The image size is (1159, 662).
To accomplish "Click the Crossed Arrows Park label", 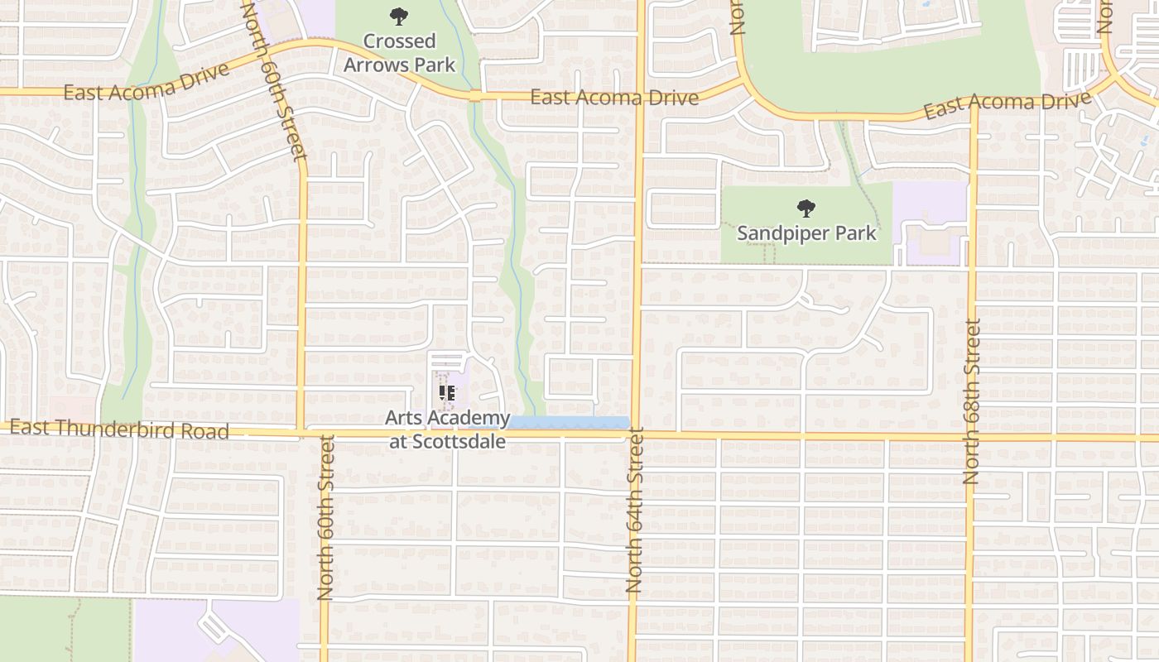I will pyautogui.click(x=400, y=52).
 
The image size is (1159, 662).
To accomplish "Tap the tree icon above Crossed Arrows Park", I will pyautogui.click(x=399, y=16).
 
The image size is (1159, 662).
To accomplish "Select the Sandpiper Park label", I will pyautogui.click(x=806, y=233).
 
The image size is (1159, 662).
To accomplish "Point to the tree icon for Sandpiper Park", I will pyautogui.click(x=806, y=208).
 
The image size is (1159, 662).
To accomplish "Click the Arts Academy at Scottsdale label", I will pyautogui.click(x=448, y=429).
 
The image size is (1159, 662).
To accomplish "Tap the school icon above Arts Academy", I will pyautogui.click(x=448, y=392).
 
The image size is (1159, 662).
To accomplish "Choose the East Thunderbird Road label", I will pyautogui.click(x=119, y=429).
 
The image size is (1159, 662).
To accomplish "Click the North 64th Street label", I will pyautogui.click(x=635, y=509).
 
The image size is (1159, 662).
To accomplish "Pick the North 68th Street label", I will pyautogui.click(x=972, y=401).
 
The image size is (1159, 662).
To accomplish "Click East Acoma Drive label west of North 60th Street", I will pyautogui.click(x=146, y=82).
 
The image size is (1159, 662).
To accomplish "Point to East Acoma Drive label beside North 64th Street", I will pyautogui.click(x=613, y=98).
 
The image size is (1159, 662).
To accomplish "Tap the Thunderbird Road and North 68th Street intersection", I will pyautogui.click(x=969, y=436).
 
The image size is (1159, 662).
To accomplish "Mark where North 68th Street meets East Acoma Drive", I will pyautogui.click(x=973, y=113).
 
